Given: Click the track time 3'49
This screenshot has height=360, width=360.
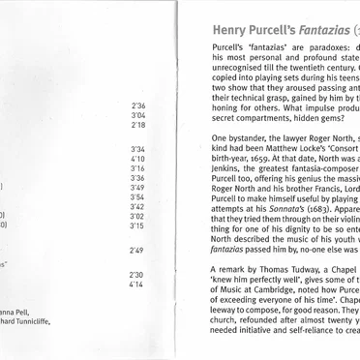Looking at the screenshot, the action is [135, 188].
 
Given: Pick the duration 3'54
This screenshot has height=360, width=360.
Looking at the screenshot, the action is [135, 197].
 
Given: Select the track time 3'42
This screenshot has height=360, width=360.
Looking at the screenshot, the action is [135, 207].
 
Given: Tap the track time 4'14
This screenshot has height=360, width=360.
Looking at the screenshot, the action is [135, 285].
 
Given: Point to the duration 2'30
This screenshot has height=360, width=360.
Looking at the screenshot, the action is [135, 275].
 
